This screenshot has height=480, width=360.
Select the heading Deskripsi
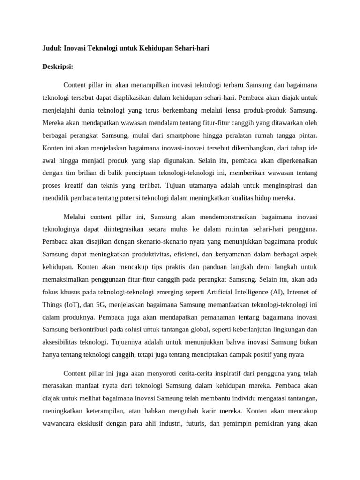pos(58,67)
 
